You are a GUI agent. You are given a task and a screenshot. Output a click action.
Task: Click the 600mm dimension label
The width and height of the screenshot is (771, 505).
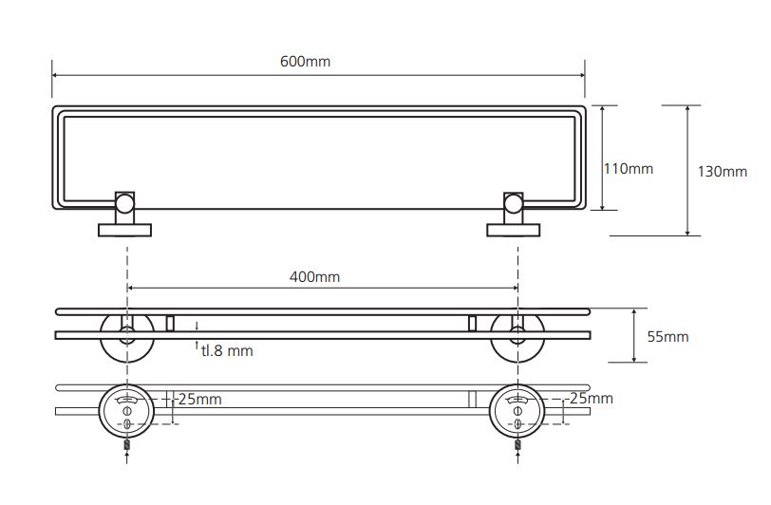[x=305, y=62]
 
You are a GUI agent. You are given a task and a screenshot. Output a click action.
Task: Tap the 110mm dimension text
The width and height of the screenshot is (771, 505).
[x=629, y=169]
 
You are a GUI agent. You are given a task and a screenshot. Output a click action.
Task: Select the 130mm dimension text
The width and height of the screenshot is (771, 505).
[x=723, y=172]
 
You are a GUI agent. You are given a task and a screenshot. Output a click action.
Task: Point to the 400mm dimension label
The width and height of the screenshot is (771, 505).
[x=314, y=277]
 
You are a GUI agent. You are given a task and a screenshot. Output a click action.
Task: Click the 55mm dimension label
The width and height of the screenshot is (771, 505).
[x=668, y=337]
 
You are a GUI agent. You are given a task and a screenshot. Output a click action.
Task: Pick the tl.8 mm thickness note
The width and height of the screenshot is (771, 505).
[x=227, y=350]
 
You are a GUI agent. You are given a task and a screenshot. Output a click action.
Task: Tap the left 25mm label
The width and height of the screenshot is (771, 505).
[x=199, y=399]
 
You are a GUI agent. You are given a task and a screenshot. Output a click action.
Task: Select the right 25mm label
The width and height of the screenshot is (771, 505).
[x=591, y=398]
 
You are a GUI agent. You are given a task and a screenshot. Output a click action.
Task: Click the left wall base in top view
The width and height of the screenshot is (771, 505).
[x=125, y=230]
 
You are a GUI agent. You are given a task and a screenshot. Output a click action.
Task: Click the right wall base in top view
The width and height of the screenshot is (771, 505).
[x=514, y=230]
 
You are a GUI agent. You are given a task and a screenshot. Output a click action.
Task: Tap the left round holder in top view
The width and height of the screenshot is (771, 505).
[x=124, y=203]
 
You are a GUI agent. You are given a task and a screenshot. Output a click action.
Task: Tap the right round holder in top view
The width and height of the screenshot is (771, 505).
[x=514, y=203]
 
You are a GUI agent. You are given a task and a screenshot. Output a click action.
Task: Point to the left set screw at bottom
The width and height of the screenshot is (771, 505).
[x=127, y=444]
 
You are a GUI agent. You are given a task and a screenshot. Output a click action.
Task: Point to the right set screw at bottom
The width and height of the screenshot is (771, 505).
[x=517, y=444]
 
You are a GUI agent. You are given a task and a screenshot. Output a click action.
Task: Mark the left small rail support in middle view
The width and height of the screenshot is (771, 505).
[x=170, y=324]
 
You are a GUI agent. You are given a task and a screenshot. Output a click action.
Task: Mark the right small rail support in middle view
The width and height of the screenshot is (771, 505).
[x=472, y=324]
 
